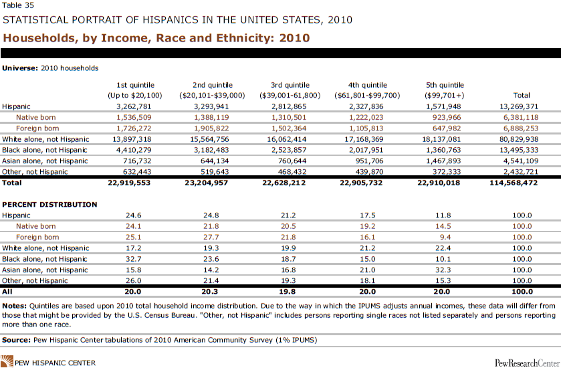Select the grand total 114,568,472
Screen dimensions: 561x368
tap(514, 183)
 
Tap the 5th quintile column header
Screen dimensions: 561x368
tap(445, 85)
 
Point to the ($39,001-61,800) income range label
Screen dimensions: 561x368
tap(290, 96)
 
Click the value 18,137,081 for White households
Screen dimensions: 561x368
tap(441, 139)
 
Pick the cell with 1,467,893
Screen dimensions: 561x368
tap(443, 161)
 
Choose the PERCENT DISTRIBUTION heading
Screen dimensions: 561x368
tap(49, 204)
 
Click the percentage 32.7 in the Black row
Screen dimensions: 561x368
tap(134, 259)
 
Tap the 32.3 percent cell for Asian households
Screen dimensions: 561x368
tap(443, 270)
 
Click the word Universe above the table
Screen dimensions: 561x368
tap(19, 68)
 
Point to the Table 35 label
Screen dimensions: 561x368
tap(18, 5)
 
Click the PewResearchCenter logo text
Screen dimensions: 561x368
tap(527, 363)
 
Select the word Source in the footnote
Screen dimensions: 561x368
tap(16, 340)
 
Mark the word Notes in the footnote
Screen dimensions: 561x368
tap(14, 306)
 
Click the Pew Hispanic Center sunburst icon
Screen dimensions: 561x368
tap(7, 361)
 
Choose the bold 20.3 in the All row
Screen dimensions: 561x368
tap(210, 292)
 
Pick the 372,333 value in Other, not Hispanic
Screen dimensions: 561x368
tap(447, 172)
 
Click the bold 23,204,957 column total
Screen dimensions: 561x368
tap(206, 183)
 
